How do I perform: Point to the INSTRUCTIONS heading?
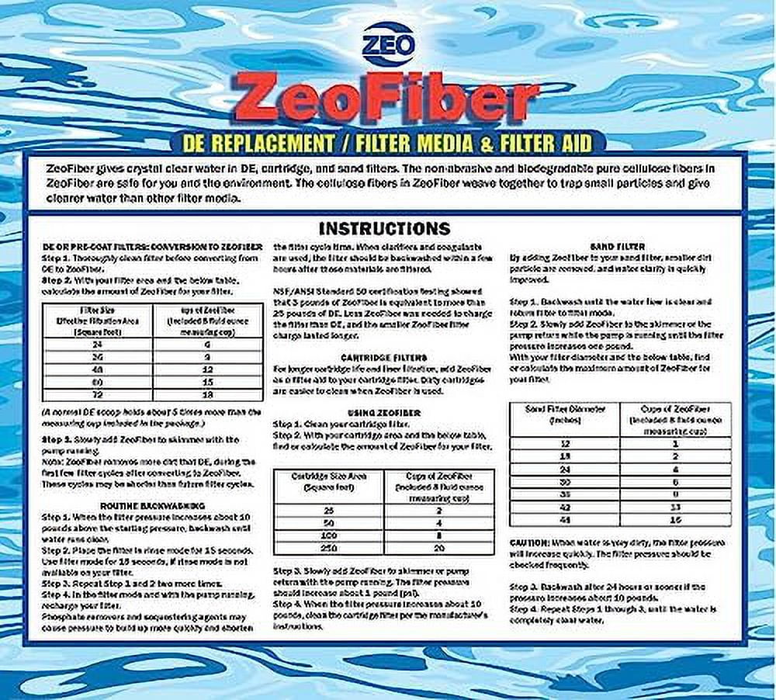[x=384, y=228]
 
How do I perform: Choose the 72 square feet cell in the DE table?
[x=95, y=394]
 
